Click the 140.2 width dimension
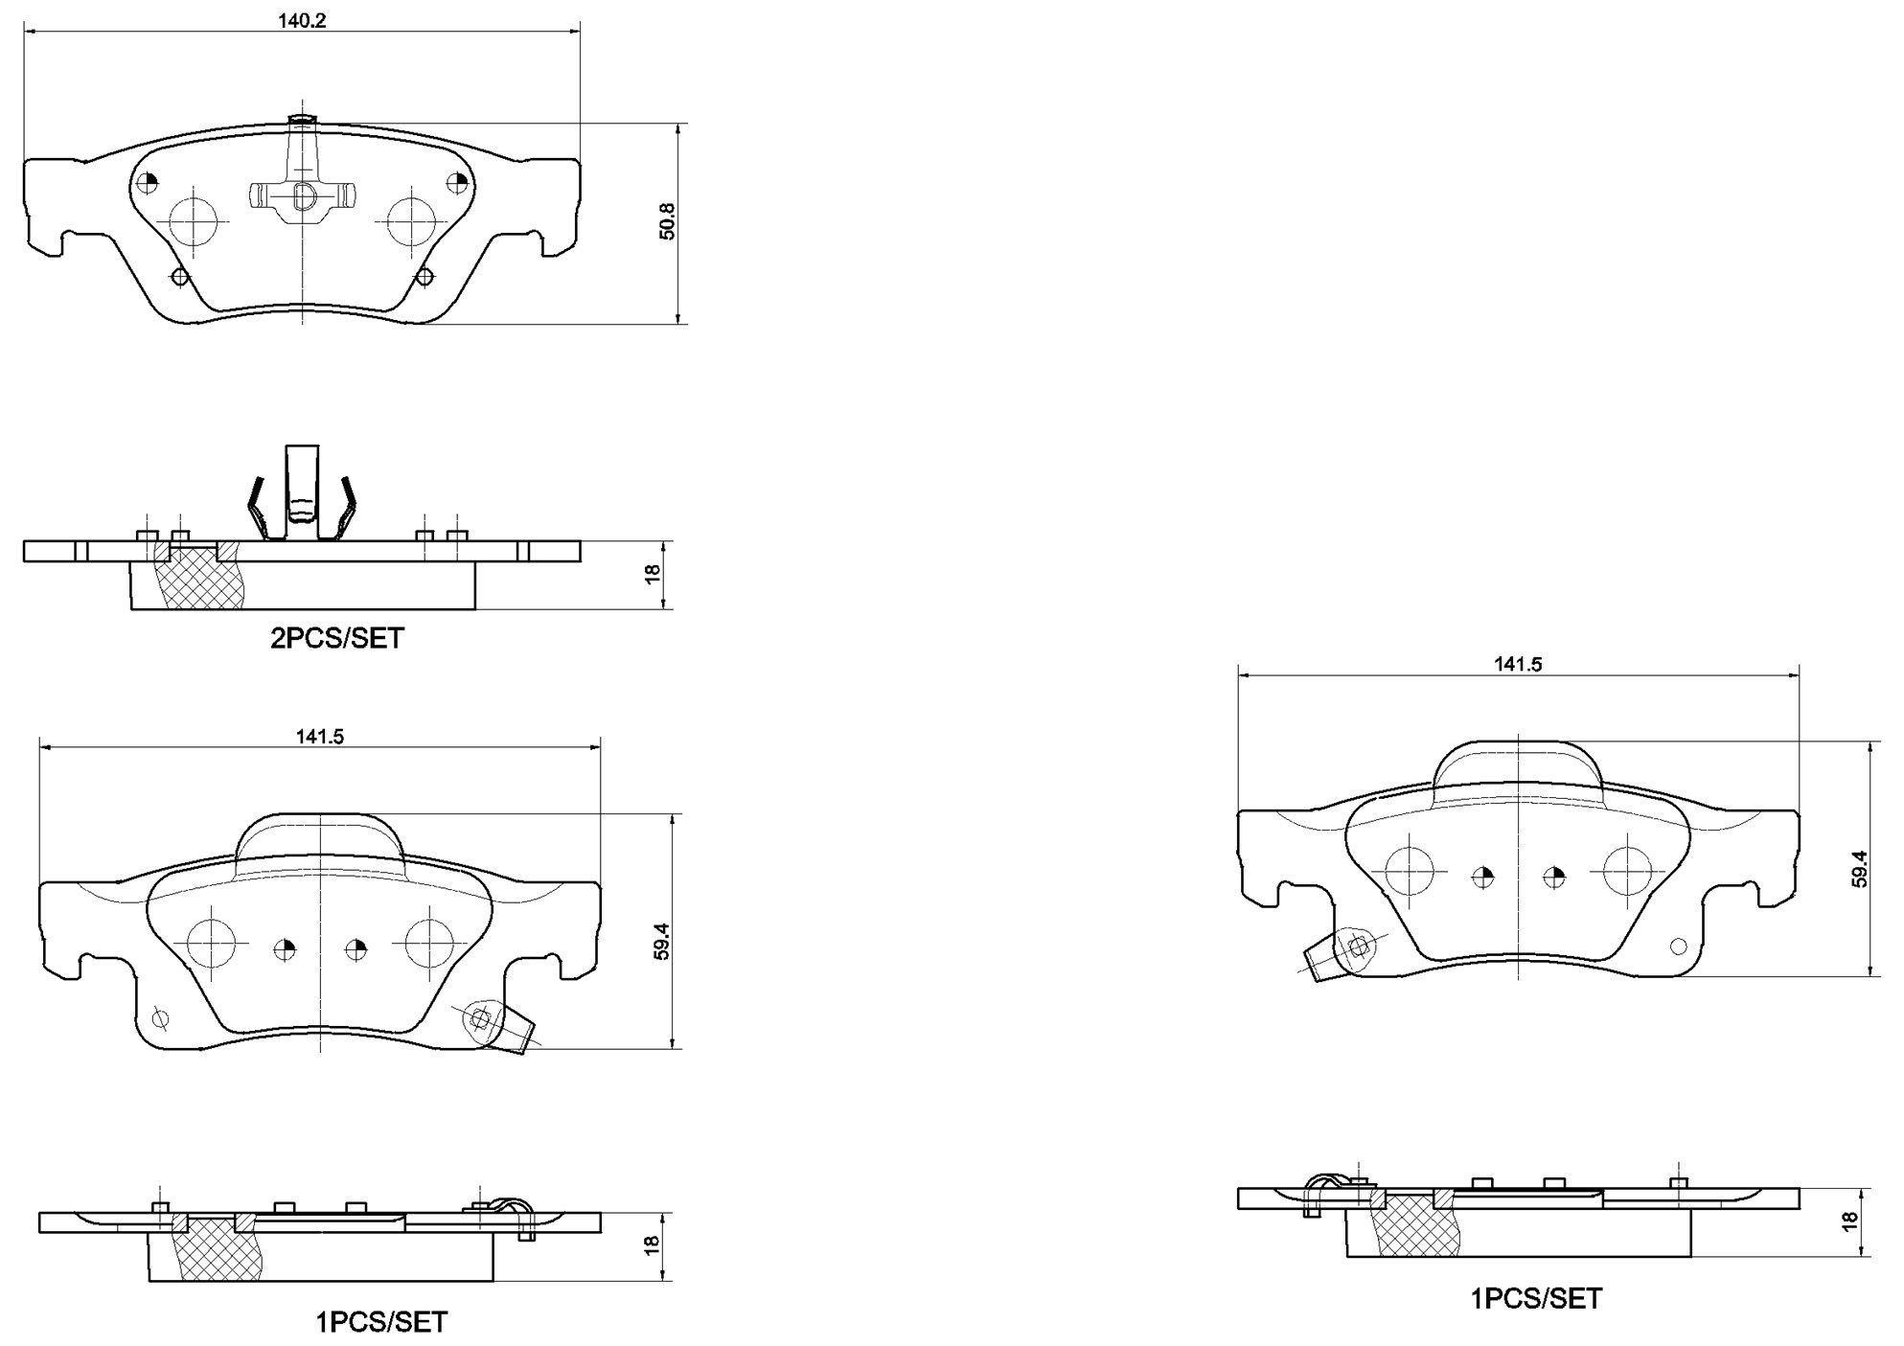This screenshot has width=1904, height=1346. tap(303, 20)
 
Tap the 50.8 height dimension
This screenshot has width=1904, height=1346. tap(668, 221)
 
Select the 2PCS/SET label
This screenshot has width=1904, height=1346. tap(337, 638)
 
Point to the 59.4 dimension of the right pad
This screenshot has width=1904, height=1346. tap(1860, 869)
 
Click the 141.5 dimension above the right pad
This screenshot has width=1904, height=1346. tap(1518, 664)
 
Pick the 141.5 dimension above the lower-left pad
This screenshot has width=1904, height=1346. tap(319, 737)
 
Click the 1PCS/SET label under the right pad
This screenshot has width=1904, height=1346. tap(1536, 1298)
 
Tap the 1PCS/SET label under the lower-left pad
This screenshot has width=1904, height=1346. tap(381, 1322)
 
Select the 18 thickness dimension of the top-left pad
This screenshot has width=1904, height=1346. tap(653, 574)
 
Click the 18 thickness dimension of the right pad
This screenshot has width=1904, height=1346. tap(1850, 1221)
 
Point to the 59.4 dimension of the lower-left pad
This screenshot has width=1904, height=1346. tap(661, 942)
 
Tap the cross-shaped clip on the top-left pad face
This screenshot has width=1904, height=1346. tap(302, 195)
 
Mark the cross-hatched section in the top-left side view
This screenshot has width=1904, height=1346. tap(196, 577)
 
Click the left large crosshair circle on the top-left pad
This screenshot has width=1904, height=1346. tap(195, 222)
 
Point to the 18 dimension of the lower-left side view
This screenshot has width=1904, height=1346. tap(652, 1244)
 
